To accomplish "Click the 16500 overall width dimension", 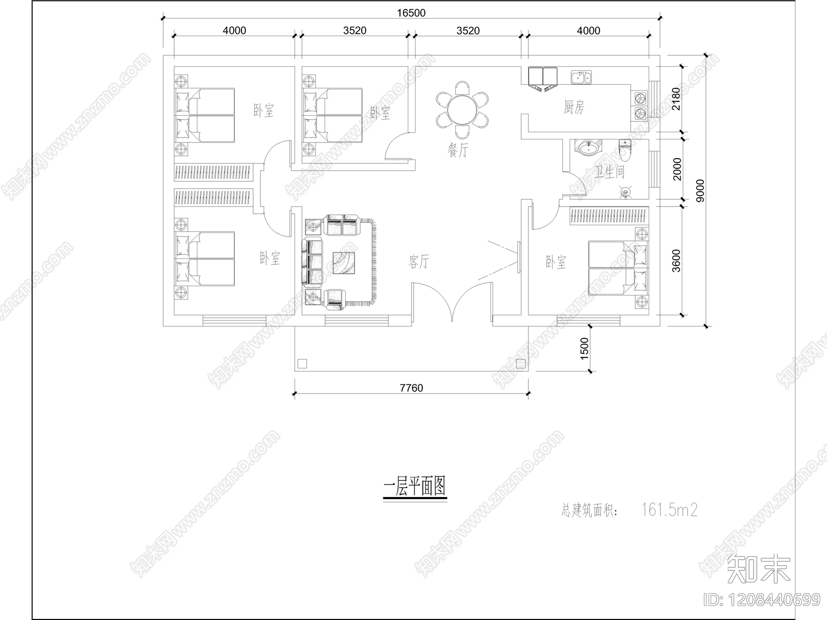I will (x=411, y=12).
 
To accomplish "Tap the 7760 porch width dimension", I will (x=411, y=388).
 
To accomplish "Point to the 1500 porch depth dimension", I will (x=584, y=349).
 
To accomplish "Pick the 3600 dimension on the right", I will (x=677, y=261).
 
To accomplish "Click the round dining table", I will (x=462, y=110).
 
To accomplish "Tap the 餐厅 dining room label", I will (x=458, y=151).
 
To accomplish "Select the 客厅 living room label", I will (x=419, y=262).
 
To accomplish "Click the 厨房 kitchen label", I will (x=574, y=108).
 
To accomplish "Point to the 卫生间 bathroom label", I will (x=610, y=172).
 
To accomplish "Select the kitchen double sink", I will (x=581, y=78).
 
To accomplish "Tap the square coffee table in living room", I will (x=344, y=262).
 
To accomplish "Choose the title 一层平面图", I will (x=415, y=487).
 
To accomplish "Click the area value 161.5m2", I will (x=669, y=510).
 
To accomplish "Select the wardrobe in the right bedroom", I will (x=608, y=216).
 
